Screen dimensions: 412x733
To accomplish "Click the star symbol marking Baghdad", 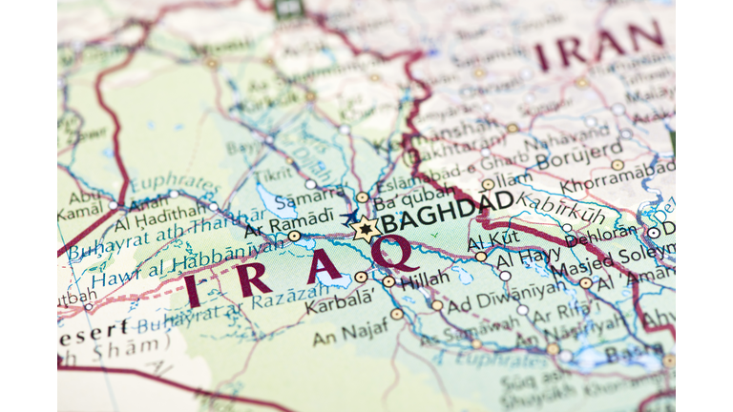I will pos(365,229).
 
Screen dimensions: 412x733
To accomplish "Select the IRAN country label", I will pos(598,45).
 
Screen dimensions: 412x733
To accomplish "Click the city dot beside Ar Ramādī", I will pos(294,236).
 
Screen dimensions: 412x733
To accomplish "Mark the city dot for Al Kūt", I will pos(480,256).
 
